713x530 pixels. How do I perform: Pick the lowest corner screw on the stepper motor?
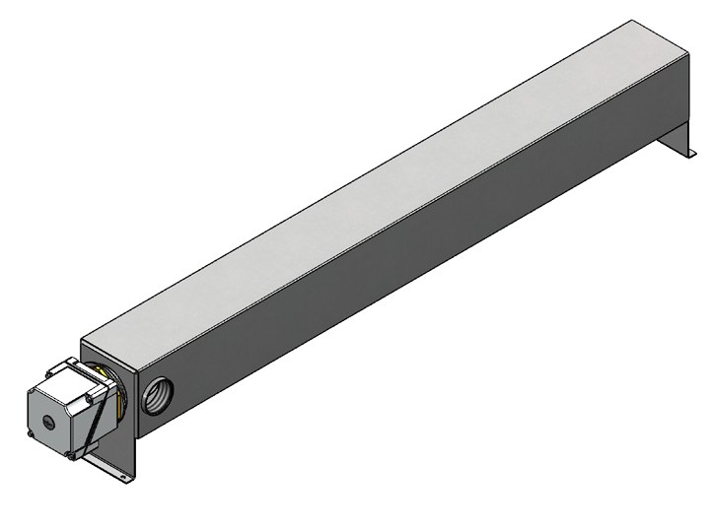click(69, 457)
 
